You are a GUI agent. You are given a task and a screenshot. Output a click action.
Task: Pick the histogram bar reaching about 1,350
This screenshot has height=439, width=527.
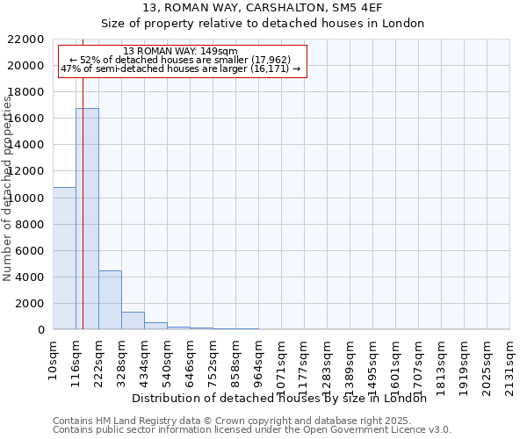pyautogui.click(x=133, y=320)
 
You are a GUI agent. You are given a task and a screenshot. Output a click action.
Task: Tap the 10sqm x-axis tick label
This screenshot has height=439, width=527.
pyautogui.click(x=53, y=356)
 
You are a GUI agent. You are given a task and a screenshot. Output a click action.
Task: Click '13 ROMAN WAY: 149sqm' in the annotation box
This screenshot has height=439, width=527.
pyautogui.click(x=180, y=52)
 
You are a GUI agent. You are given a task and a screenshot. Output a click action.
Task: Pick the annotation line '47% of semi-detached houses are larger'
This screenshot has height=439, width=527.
pyautogui.click(x=180, y=68)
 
